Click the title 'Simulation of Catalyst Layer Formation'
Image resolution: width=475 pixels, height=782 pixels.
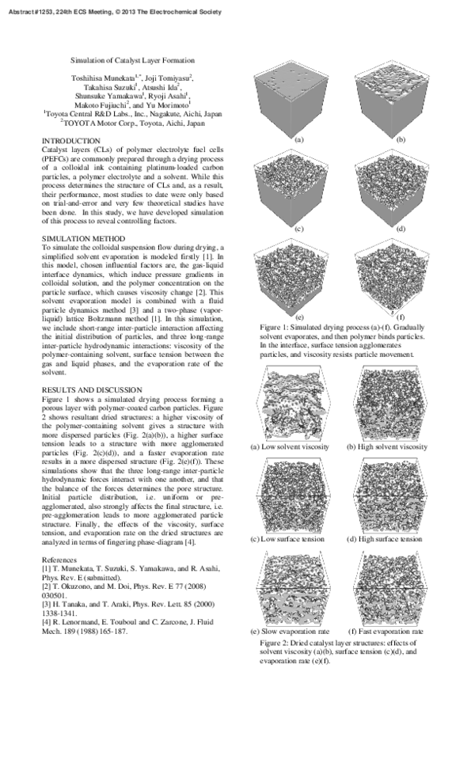point(132,60)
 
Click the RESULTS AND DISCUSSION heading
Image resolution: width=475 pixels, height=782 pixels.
point(92,390)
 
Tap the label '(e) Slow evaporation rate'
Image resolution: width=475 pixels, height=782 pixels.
point(290,632)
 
